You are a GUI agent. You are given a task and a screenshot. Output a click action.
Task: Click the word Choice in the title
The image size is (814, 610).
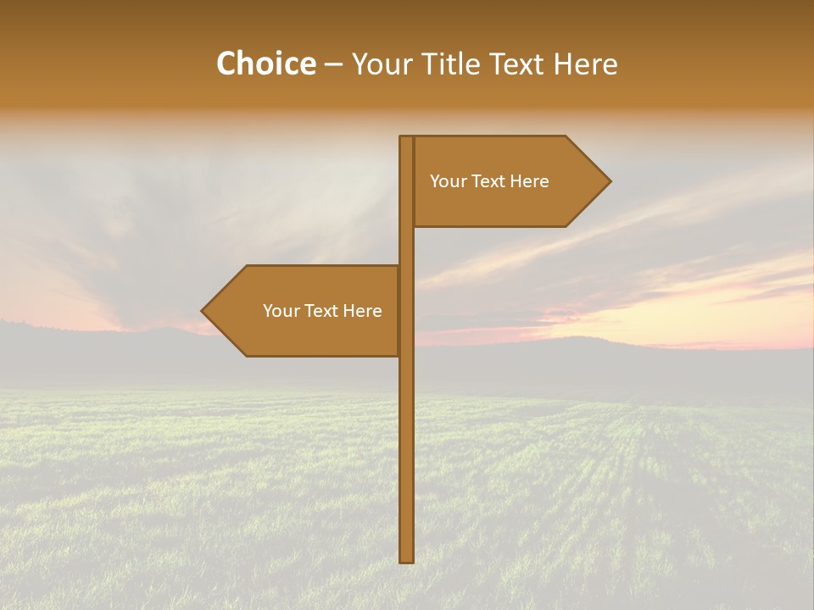click(265, 64)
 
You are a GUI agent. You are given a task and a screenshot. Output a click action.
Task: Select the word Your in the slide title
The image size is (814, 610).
click(383, 64)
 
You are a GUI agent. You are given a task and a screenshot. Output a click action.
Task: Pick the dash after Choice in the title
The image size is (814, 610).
click(333, 65)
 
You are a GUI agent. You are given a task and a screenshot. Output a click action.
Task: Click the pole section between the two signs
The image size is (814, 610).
click(406, 246)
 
